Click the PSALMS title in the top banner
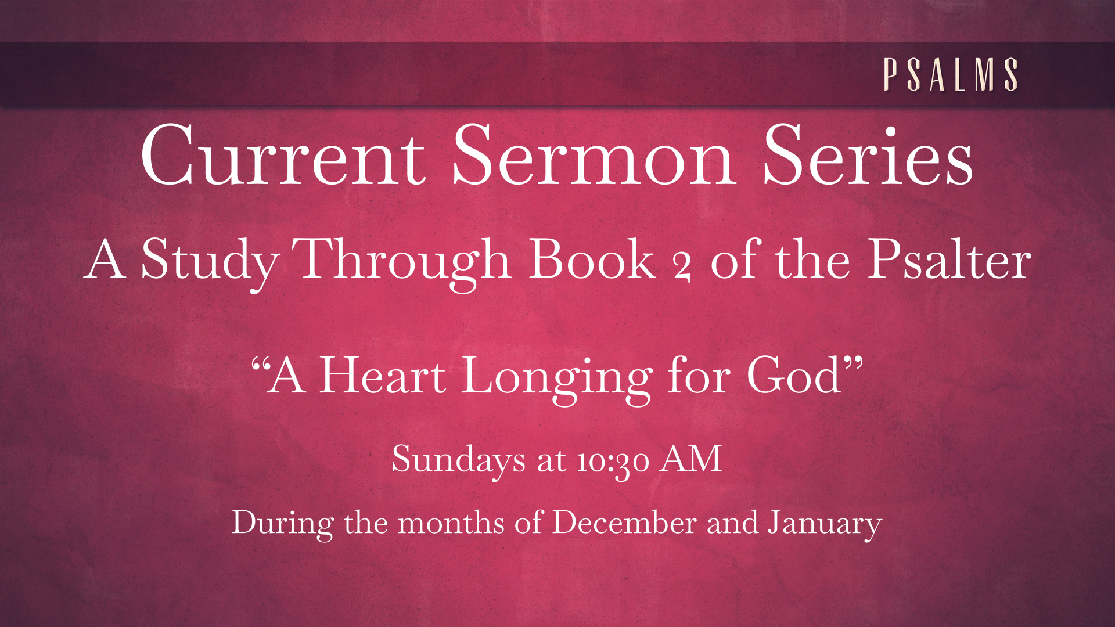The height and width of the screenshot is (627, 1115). coord(951,74)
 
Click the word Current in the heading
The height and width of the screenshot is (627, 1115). coord(283,156)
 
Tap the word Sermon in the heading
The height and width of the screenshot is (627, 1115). coord(594,156)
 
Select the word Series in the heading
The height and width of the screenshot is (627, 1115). coord(868,156)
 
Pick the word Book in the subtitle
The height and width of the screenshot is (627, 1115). coord(592,260)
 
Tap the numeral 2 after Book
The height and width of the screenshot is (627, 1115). coord(682,268)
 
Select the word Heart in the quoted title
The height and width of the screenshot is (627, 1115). coord(383,376)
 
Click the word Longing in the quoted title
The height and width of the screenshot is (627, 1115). coord(557,380)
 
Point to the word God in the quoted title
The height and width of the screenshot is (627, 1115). coord(794,376)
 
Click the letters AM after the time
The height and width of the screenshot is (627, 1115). coord(692,459)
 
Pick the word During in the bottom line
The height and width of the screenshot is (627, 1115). coord(283,524)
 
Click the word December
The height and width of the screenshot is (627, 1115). coord(624,522)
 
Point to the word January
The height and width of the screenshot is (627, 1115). coord(825,525)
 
